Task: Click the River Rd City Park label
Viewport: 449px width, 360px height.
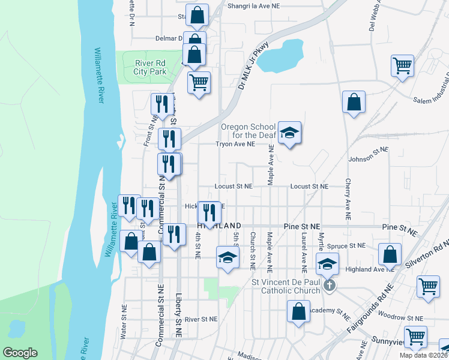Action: tap(149, 67)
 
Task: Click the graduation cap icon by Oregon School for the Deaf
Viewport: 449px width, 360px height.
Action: tap(289, 133)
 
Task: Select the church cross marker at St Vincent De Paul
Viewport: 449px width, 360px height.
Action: tap(329, 286)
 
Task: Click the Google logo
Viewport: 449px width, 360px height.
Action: tap(20, 353)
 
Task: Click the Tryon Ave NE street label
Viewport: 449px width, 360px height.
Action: tap(236, 144)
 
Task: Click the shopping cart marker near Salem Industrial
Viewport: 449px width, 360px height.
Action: tap(403, 66)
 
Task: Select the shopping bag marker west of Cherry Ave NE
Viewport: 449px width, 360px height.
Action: tap(354, 102)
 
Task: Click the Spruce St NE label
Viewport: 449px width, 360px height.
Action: tap(347, 245)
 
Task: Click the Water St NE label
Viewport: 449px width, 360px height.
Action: tap(124, 322)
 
